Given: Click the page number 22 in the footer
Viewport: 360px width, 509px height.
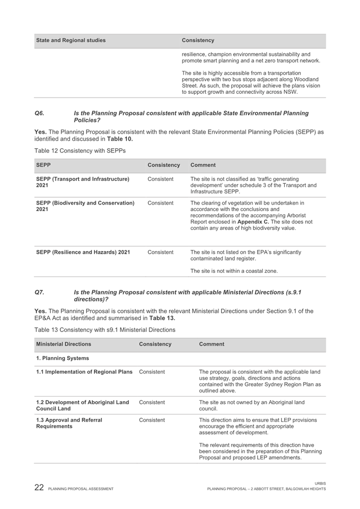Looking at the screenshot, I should [x=38, y=488].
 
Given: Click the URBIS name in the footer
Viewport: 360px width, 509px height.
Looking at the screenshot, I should [x=320, y=483].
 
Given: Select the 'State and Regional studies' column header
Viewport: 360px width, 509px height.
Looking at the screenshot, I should [x=70, y=41].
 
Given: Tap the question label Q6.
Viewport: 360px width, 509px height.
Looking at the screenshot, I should [x=39, y=114].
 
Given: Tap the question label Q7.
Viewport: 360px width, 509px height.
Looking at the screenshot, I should [x=39, y=292].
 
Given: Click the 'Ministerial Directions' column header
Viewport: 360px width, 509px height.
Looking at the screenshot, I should [x=65, y=344].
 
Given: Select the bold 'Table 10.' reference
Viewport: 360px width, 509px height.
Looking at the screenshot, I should [x=118, y=139].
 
